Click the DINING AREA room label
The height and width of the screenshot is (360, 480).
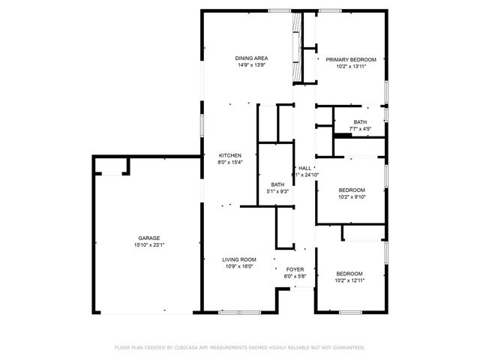[x=251, y=58]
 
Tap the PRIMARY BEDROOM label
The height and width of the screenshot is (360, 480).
[x=350, y=59]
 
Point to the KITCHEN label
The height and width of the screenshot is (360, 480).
[x=230, y=155]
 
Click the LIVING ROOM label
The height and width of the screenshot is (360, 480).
[x=239, y=259]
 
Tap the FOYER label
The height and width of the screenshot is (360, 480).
[x=295, y=268]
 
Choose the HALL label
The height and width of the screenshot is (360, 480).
[x=304, y=168]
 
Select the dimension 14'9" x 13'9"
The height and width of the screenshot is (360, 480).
[x=251, y=65]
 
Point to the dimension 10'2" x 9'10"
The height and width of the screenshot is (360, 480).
[x=350, y=196]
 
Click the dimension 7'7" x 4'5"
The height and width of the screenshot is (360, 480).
[x=361, y=129]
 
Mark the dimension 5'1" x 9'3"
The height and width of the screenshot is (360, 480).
[x=277, y=191]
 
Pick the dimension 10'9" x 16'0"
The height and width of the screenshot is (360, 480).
[x=239, y=266]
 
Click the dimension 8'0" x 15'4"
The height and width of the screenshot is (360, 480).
[x=230, y=162]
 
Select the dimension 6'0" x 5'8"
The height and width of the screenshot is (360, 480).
[x=295, y=275]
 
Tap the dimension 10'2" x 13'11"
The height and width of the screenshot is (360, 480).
[x=350, y=66]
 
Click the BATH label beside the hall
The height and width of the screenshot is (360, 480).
[x=277, y=184]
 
